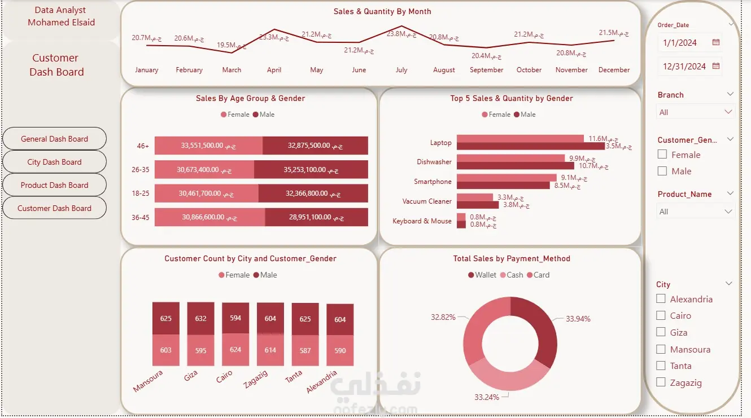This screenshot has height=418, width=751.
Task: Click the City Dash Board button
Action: click(54, 162)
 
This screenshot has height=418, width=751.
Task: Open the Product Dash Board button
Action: click(54, 185)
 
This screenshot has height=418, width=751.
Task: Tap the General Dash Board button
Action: click(54, 139)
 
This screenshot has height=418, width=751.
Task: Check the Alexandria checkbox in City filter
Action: click(661, 299)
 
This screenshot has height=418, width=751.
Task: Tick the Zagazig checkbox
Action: click(661, 382)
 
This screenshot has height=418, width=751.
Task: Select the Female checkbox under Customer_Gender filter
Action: click(662, 154)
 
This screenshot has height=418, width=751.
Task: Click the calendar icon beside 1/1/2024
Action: click(716, 42)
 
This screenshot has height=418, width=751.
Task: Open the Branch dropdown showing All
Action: click(695, 112)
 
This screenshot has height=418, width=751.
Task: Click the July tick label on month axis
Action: click(401, 70)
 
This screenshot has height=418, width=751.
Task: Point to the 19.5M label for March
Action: click(232, 45)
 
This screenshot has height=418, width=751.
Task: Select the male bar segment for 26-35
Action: click(311, 169)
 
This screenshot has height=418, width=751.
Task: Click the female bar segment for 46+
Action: click(208, 146)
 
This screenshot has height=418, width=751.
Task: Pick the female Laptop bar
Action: click(520, 138)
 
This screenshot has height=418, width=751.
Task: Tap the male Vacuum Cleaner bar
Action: click(478, 205)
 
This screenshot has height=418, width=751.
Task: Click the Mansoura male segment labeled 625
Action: click(165, 318)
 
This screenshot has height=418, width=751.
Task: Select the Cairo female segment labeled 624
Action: click(235, 349)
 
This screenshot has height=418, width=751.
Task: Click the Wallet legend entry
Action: click(482, 275)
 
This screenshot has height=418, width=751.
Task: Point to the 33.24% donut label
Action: click(487, 397)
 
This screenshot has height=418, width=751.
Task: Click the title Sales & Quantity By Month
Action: click(382, 11)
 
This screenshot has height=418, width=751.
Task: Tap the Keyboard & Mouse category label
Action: click(422, 221)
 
